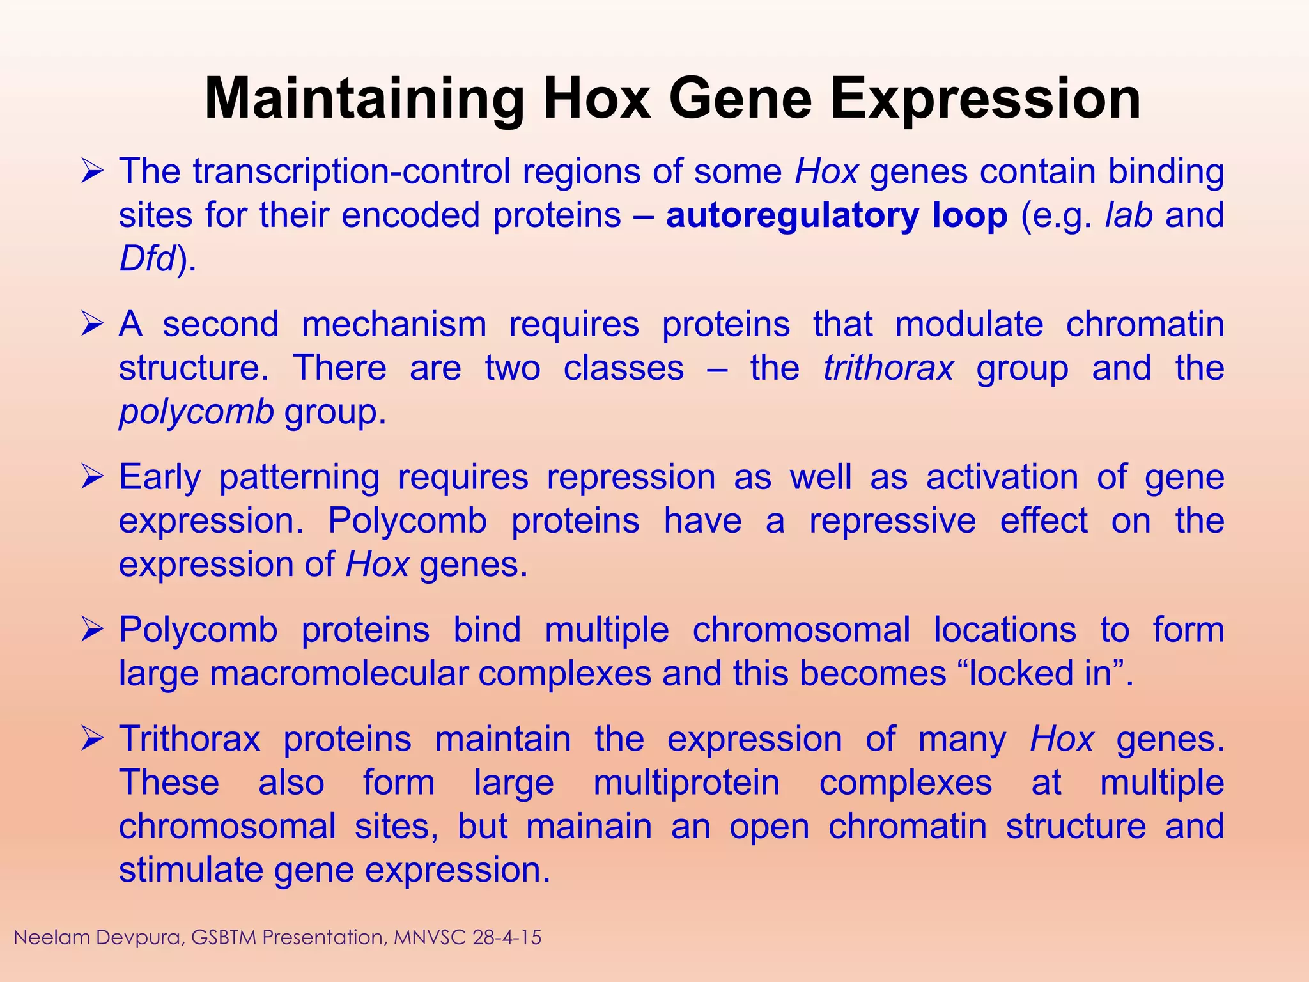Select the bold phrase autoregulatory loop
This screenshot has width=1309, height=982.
point(836,215)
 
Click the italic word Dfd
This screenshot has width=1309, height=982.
point(147,259)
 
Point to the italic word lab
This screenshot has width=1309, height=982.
point(1129,215)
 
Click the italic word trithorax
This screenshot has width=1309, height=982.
point(888,368)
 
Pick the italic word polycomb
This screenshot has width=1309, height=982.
point(196,412)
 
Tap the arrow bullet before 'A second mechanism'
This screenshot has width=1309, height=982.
point(92,325)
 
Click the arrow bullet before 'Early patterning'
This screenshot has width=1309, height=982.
point(92,478)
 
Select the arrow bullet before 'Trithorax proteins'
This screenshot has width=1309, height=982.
point(92,740)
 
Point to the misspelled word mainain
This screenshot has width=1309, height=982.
point(589,827)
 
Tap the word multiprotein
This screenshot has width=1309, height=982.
point(686,783)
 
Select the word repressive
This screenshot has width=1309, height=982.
point(892,521)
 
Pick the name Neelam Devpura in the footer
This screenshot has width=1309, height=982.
point(98,938)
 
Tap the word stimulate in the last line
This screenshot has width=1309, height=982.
point(191,871)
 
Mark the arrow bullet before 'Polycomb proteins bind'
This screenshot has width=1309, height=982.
point(92,630)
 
